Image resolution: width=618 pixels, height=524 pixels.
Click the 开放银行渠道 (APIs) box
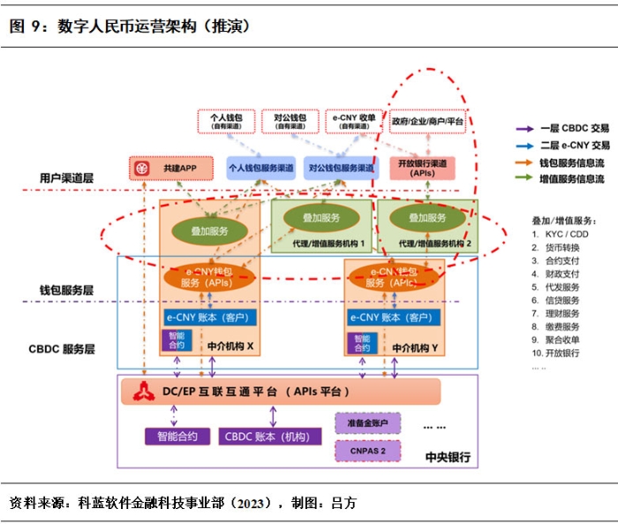(422, 168)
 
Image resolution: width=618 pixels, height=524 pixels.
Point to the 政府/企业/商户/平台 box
(427, 121)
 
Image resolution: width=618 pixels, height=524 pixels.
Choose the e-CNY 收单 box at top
(350, 121)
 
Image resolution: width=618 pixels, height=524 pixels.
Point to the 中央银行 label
(448, 457)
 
